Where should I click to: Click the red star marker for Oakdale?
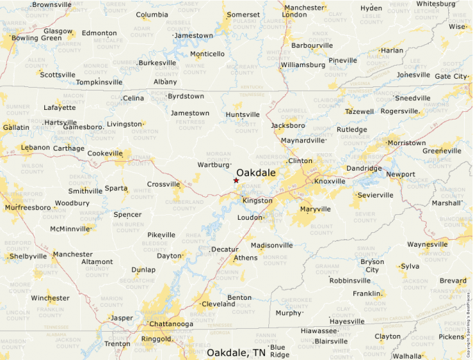236,180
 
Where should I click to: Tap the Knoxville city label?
330,181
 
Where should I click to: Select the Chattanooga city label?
170,323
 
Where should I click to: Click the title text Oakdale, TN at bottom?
236,352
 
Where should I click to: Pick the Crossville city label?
163,184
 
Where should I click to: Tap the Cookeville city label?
104,153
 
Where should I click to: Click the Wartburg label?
213,165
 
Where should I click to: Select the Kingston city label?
257,200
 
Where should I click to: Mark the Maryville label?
315,209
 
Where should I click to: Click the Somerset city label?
243,15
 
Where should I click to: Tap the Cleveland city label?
219,303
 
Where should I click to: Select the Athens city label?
245,258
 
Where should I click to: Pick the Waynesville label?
427,245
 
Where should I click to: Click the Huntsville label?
243,115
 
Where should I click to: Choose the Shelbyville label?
28,256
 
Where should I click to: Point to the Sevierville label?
375,196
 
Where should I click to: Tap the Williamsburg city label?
303,65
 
